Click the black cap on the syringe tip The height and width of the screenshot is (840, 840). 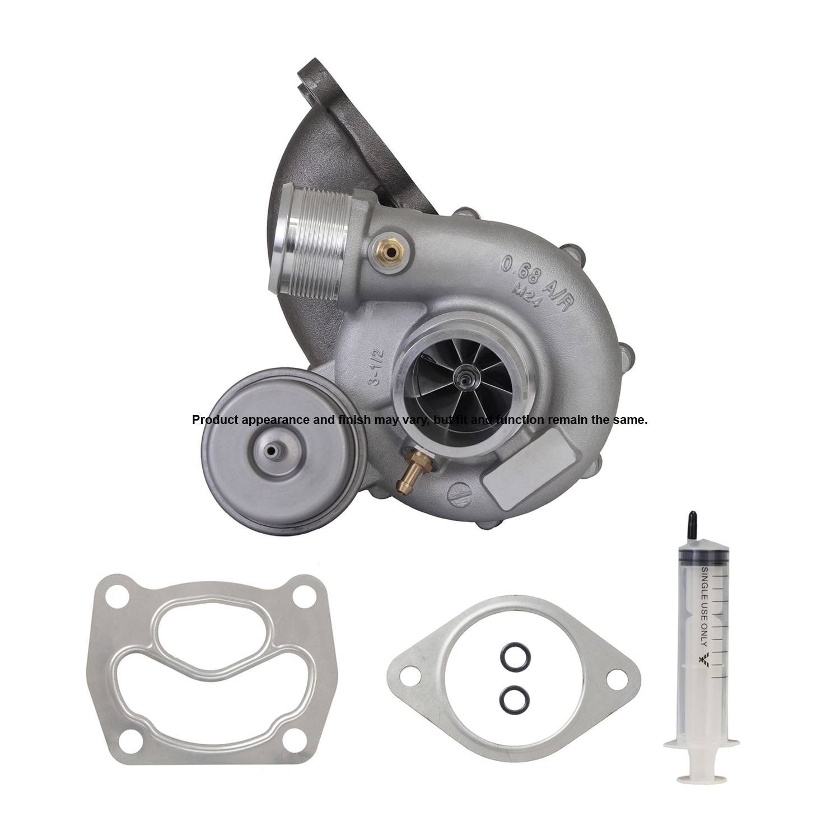coord(693,522)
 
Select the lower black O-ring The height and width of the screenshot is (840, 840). coord(510,696)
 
